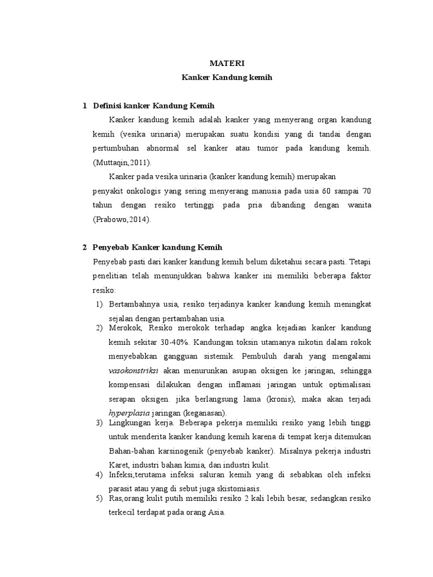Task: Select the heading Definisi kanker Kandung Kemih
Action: pos(153,105)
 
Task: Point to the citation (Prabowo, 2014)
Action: pos(121,219)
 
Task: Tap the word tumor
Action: pos(263,148)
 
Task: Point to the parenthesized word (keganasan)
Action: pos(201,412)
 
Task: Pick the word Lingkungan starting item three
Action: pos(132,423)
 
